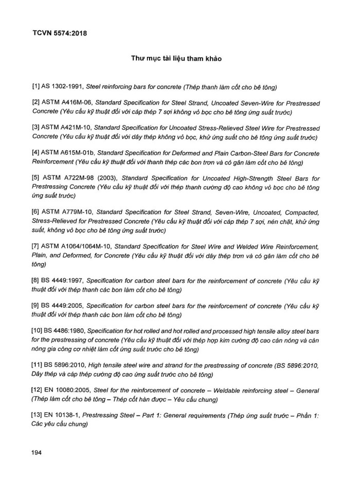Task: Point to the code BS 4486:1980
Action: [66, 332]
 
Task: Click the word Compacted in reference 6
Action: [302, 212]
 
